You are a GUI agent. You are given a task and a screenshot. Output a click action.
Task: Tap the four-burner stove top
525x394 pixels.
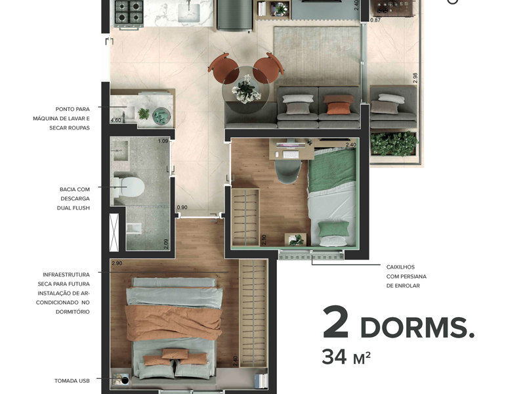pyautogui.click(x=129, y=11)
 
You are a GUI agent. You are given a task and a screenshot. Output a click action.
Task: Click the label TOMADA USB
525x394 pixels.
pyautogui.click(x=72, y=380)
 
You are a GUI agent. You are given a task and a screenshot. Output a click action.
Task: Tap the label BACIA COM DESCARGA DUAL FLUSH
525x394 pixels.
pyautogui.click(x=73, y=198)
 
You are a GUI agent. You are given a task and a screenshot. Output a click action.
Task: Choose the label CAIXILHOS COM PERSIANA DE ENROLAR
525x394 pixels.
pyautogui.click(x=403, y=276)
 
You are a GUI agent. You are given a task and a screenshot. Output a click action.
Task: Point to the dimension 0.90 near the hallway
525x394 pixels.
pyautogui.click(x=182, y=208)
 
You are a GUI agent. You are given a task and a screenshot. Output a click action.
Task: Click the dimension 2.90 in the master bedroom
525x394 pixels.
pyautogui.click(x=117, y=263)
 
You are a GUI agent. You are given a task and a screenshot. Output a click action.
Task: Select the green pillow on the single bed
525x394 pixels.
pyautogui.click(x=333, y=229)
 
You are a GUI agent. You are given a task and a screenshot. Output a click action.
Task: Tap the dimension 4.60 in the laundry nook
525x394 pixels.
pyautogui.click(x=115, y=121)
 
